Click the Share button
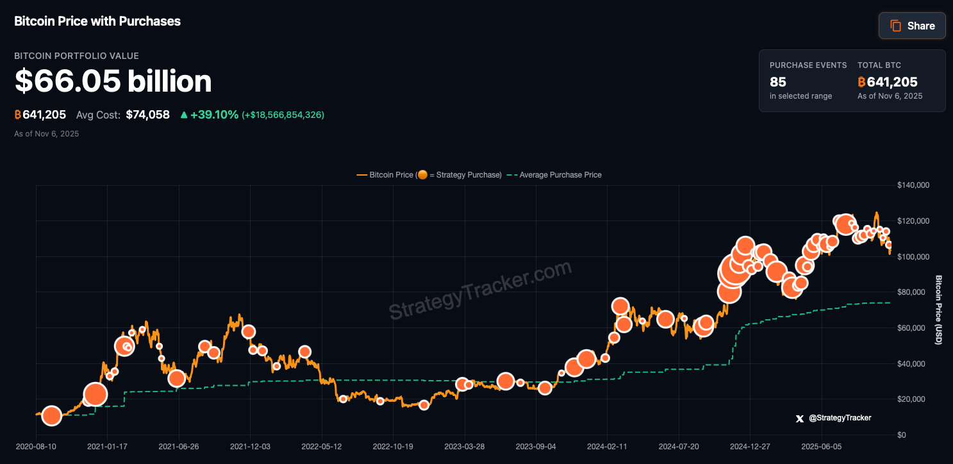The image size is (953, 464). (912, 26)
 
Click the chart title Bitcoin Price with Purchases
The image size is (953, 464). (97, 21)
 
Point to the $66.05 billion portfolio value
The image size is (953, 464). (113, 81)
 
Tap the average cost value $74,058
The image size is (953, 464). (147, 115)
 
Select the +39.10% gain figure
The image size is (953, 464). (214, 115)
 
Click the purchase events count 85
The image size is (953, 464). (778, 82)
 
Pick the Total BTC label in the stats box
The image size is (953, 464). (879, 65)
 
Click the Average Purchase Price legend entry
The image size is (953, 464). (560, 175)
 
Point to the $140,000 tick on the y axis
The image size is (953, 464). (913, 185)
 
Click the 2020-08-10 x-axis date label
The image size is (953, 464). (35, 446)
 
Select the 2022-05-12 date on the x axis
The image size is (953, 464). (322, 446)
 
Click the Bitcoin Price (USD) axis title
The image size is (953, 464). (938, 310)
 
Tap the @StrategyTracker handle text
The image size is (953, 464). (840, 418)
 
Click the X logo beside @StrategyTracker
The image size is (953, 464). (799, 418)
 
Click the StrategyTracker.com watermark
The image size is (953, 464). (480, 290)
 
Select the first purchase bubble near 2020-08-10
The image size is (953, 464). (51, 416)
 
